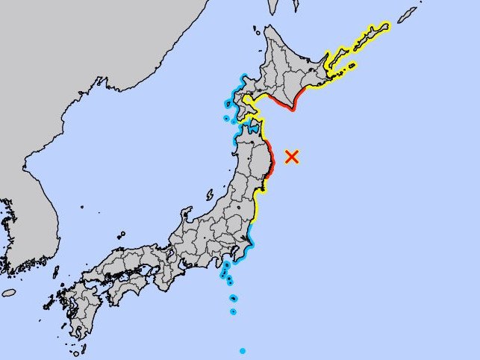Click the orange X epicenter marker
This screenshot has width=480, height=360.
point(293,156)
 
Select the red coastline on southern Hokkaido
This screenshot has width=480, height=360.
point(281,104)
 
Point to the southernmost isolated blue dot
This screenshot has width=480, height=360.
point(243,350)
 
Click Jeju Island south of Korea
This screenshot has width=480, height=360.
point(9,293)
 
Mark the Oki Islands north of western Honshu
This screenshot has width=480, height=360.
point(119,235)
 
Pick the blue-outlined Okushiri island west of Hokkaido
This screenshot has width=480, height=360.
point(226,118)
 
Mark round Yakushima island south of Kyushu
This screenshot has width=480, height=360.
point(80,348)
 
